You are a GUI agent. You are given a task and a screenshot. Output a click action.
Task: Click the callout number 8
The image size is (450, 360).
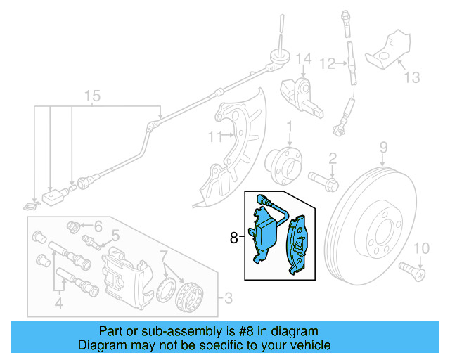tap(234, 238)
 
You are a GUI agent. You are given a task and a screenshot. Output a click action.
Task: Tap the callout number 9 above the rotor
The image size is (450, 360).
tap(384, 147)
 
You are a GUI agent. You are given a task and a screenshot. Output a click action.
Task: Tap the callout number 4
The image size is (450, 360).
tap(59, 304)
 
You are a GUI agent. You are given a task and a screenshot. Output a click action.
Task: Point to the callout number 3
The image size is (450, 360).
tap(227, 300)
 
